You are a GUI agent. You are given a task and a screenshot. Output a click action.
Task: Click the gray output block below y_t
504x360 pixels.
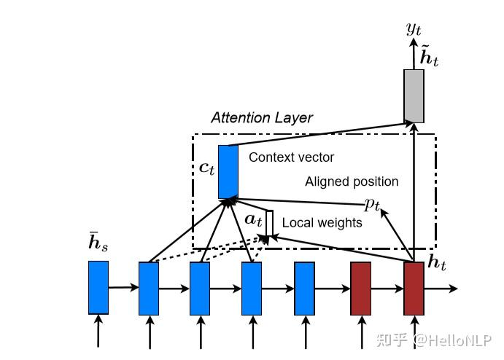(414, 95)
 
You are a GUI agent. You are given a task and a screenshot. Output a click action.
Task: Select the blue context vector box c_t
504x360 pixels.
(228, 171)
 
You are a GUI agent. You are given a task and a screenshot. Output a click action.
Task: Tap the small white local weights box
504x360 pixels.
(269, 223)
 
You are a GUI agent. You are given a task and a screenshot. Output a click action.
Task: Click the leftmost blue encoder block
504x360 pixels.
(98, 287)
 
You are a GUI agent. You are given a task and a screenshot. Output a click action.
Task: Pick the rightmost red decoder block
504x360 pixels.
(414, 287)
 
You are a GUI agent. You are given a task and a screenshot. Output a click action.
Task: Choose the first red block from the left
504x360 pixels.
(361, 287)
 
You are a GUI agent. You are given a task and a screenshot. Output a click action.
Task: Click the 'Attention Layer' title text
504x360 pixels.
(262, 117)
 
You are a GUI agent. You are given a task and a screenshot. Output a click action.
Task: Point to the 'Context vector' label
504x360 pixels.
(292, 157)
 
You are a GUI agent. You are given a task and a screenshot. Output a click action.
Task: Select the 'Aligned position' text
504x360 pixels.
(352, 181)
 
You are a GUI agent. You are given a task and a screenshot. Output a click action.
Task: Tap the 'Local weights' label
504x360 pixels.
(322, 222)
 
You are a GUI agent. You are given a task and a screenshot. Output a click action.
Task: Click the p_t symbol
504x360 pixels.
(373, 205)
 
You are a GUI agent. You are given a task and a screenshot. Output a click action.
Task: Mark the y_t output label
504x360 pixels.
(414, 29)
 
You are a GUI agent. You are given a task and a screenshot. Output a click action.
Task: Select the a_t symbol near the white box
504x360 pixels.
(253, 218)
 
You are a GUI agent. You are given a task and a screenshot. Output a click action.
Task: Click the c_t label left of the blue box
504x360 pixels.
(207, 168)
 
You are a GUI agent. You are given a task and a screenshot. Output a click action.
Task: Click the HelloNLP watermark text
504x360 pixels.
(452, 339)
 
